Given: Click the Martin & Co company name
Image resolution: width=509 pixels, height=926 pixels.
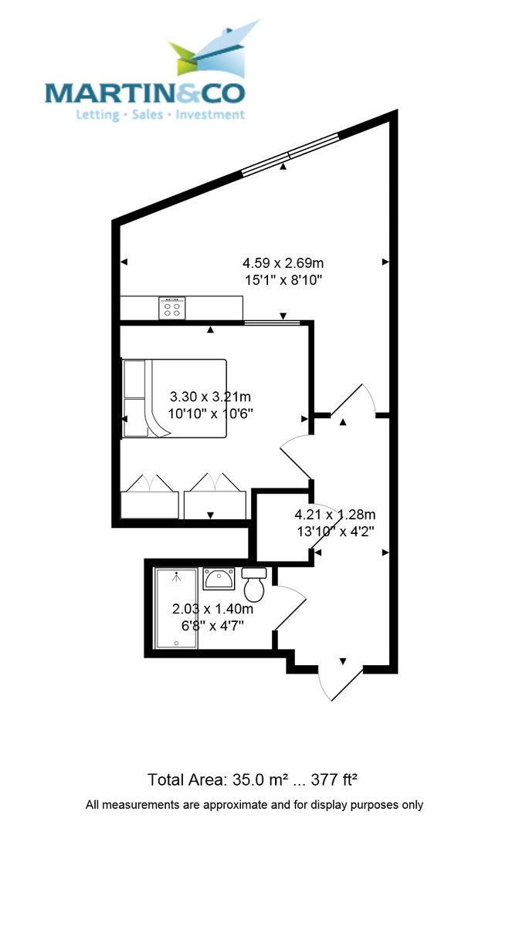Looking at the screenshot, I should pyautogui.click(x=144, y=93).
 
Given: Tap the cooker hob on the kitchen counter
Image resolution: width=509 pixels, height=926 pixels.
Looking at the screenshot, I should pyautogui.click(x=172, y=308).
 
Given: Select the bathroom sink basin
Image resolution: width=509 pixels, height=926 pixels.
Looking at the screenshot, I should pyautogui.click(x=219, y=579).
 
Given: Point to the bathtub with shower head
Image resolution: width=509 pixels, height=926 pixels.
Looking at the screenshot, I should pyautogui.click(x=176, y=609).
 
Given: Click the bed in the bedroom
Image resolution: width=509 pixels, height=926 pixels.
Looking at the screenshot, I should pyautogui.click(x=175, y=399).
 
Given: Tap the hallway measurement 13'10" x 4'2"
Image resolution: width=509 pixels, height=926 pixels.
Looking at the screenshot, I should pyautogui.click(x=334, y=530).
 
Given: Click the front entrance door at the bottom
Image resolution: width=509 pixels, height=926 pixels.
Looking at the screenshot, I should pyautogui.click(x=340, y=679).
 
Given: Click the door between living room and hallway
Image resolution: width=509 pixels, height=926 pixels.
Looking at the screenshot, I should pyautogui.click(x=355, y=401).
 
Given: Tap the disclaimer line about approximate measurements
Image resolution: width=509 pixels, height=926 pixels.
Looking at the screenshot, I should pyautogui.click(x=254, y=805).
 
